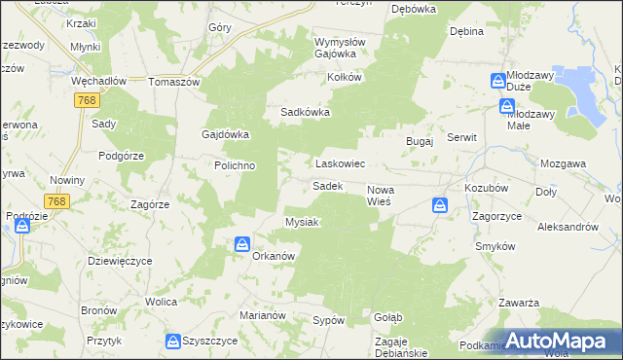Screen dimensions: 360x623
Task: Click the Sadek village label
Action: [326, 185]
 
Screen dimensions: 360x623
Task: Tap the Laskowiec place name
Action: [339, 164]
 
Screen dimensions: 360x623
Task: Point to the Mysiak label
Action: [302, 222]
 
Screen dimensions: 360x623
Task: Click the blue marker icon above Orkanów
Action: [240, 244]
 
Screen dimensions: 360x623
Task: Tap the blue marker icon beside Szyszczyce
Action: [172, 342]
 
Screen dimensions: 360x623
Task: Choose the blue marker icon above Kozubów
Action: [440, 205]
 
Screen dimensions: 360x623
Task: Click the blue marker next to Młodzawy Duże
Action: [497, 81]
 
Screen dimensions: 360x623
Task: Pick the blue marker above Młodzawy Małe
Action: [506, 106]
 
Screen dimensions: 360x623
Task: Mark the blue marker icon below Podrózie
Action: [21, 226]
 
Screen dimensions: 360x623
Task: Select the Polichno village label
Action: [235, 165]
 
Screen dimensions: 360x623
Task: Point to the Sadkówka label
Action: [306, 112]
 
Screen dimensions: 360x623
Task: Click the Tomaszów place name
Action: [173, 82]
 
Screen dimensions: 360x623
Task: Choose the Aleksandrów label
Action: [568, 226]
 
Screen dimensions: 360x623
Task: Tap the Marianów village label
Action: [260, 315]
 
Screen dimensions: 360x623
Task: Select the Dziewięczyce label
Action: [119, 261]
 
